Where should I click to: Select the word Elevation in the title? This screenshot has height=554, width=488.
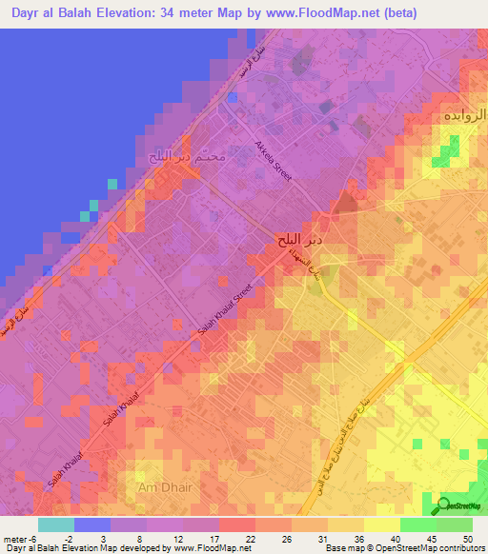pyautogui.click(x=153, y=13)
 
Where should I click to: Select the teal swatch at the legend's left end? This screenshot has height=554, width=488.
pyautogui.click(x=56, y=524)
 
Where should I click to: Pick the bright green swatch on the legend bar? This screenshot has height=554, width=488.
pyautogui.click(x=417, y=524)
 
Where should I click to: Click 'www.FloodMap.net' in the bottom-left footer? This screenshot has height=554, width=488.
pyautogui.click(x=212, y=548)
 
